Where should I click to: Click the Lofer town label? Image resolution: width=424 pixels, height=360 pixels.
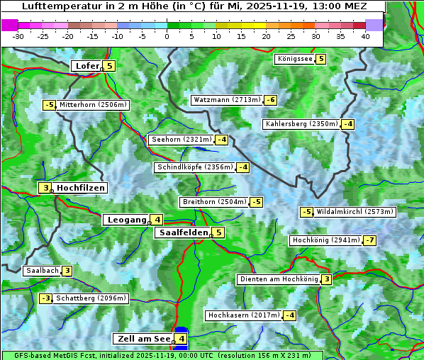(x=87, y=66)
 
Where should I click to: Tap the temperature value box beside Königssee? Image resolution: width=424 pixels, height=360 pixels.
(x=320, y=59)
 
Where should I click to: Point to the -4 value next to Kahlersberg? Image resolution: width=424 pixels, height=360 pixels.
(x=347, y=124)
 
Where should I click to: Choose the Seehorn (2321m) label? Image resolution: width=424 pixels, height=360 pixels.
(x=182, y=140)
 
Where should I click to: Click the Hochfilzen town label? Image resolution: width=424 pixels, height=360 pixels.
(x=81, y=188)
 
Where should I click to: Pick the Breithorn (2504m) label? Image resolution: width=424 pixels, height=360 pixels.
(x=213, y=202)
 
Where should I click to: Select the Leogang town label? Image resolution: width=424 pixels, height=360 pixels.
(x=126, y=220)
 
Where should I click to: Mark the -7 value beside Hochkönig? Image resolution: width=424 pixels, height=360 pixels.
(x=369, y=240)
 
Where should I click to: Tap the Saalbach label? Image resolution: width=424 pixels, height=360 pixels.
(x=42, y=270)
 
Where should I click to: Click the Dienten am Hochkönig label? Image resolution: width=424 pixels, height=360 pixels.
(x=278, y=279)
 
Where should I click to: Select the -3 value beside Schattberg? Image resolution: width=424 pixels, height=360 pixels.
(x=45, y=298)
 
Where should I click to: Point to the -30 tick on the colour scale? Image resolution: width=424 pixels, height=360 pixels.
(x=18, y=36)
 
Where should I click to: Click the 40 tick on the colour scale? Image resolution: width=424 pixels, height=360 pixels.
(x=365, y=36)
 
